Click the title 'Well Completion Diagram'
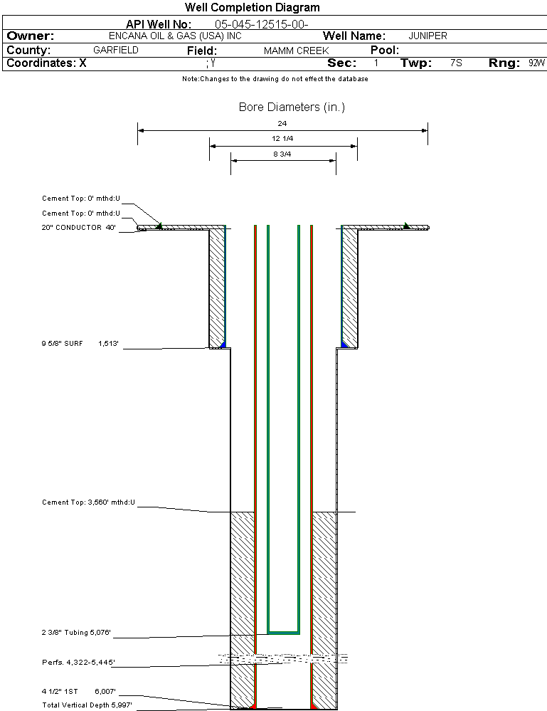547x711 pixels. coord(252,7)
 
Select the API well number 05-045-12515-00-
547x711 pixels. coord(262,24)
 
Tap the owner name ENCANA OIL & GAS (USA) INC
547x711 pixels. coord(175,36)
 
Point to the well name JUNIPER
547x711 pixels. coord(427,36)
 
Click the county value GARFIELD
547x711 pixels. coord(116,50)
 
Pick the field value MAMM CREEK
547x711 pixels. coord(297,51)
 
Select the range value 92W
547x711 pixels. coord(536,63)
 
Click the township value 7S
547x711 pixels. coord(456,63)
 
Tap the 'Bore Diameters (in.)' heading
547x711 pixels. coord(292,107)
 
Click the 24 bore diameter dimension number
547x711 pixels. coord(282,123)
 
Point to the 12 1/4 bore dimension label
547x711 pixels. coord(282,138)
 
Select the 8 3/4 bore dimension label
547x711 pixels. coord(282,154)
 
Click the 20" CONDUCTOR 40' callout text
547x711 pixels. coord(79,228)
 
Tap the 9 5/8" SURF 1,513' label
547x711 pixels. coord(80,344)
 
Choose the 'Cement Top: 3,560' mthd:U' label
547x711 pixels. coord(88,502)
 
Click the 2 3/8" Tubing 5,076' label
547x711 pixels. coord(76,633)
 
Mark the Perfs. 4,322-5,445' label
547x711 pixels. coord(78,663)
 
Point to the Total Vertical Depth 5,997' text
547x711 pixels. coord(87,705)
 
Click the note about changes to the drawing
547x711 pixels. coord(275,79)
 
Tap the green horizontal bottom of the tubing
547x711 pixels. coord(283,632)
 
